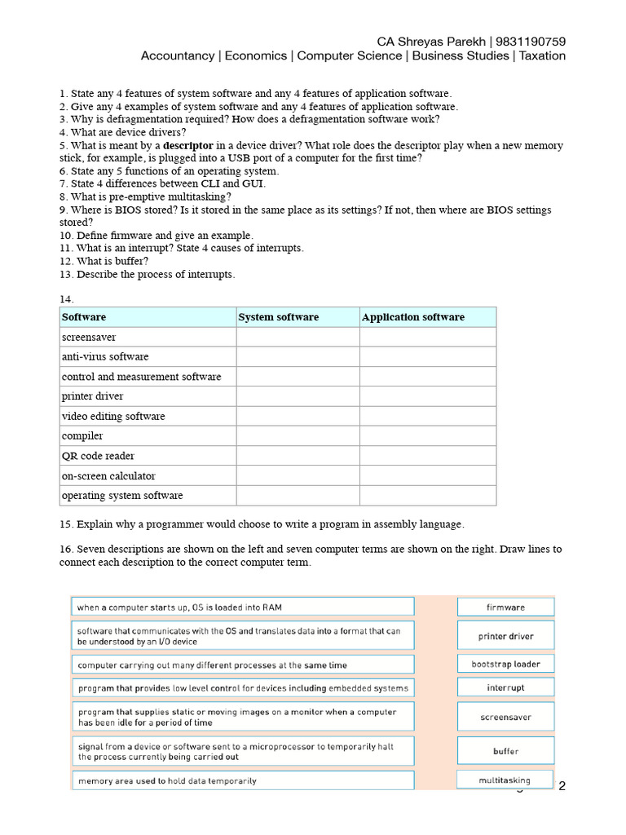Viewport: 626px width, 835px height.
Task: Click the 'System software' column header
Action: click(x=279, y=317)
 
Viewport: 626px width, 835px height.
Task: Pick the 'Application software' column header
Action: click(x=413, y=317)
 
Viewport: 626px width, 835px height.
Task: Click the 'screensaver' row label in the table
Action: click(x=89, y=337)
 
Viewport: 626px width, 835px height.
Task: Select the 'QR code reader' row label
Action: click(x=98, y=456)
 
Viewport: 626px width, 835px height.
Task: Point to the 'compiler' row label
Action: click(x=82, y=436)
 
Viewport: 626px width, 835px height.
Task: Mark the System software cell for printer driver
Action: click(x=298, y=396)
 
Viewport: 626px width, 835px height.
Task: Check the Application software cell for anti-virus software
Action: click(x=427, y=357)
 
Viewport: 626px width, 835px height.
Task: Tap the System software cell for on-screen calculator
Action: click(x=298, y=475)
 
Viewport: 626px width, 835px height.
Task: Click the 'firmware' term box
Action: click(x=505, y=607)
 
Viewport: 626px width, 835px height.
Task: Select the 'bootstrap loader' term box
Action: click(x=505, y=664)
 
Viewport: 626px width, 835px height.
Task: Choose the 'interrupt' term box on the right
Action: click(x=505, y=687)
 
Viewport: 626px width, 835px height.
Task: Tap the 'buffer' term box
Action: click(x=505, y=751)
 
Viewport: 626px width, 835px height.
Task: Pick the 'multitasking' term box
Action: click(x=505, y=780)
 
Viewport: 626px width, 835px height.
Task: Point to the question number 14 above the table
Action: click(x=66, y=299)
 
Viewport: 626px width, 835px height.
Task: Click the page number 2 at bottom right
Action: click(x=561, y=786)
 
